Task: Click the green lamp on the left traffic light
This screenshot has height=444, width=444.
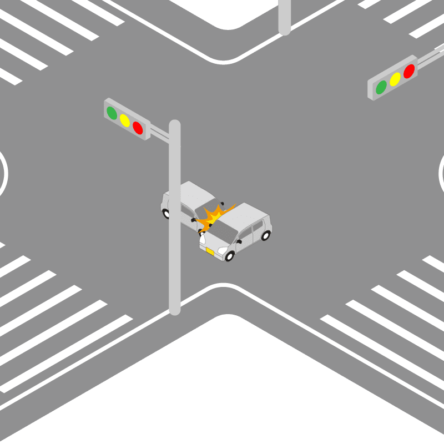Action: pyautogui.click(x=112, y=113)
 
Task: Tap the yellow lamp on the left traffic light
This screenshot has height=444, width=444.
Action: pyautogui.click(x=125, y=120)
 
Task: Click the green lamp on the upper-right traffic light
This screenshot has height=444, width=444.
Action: pyautogui.click(x=381, y=87)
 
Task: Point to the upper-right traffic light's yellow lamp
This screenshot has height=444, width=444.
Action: pyautogui.click(x=395, y=79)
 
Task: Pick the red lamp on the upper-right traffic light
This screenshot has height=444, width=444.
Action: pyautogui.click(x=409, y=71)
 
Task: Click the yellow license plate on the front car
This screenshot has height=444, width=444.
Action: pyautogui.click(x=210, y=251)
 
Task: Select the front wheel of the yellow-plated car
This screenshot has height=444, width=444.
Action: pyautogui.click(x=230, y=256)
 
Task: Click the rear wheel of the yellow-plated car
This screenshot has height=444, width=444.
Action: pyautogui.click(x=266, y=235)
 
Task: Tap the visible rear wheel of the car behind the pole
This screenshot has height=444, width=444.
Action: pyautogui.click(x=166, y=213)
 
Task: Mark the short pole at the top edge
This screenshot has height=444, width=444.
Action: pyautogui.click(x=284, y=17)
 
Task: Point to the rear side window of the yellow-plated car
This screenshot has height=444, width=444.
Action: pyautogui.click(x=258, y=227)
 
